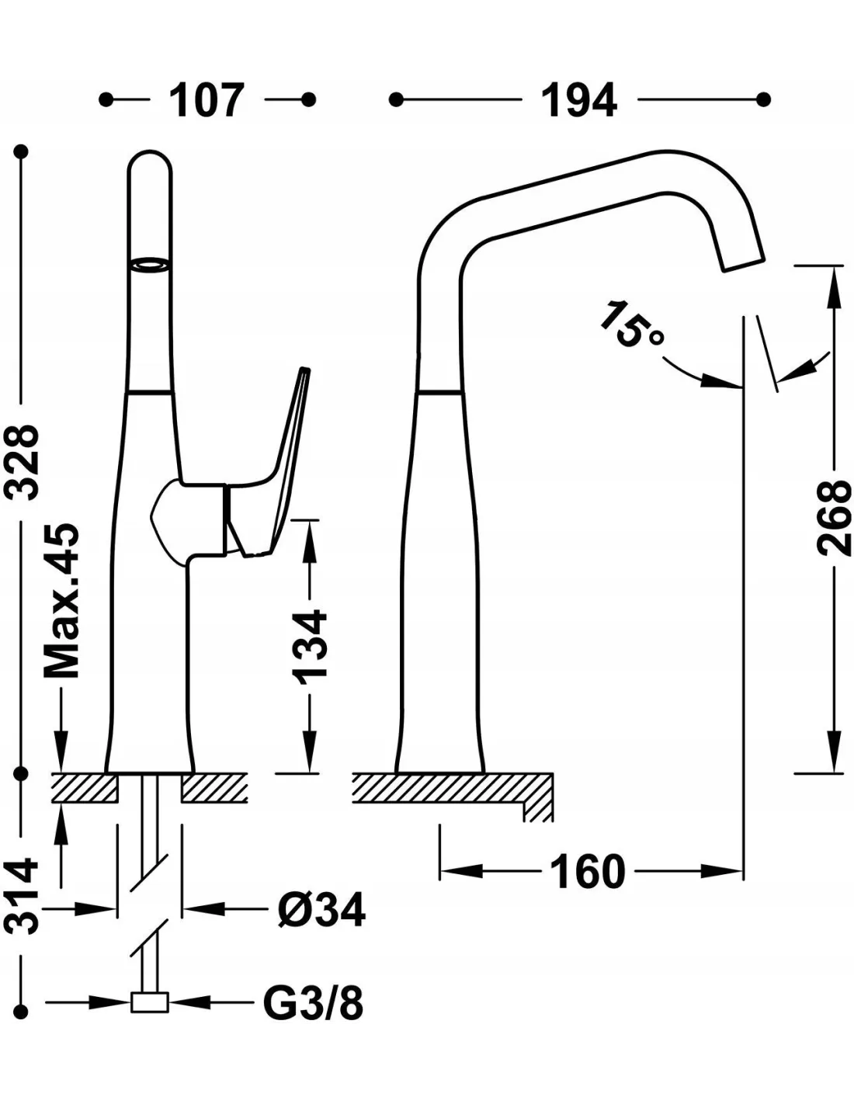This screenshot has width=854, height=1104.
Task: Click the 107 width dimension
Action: [207, 100]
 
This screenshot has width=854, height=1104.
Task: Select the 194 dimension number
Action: [580, 100]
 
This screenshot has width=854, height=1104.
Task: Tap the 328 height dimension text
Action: [21, 462]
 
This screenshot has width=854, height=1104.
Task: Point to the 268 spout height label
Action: [835, 518]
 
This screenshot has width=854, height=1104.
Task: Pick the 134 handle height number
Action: [310, 645]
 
